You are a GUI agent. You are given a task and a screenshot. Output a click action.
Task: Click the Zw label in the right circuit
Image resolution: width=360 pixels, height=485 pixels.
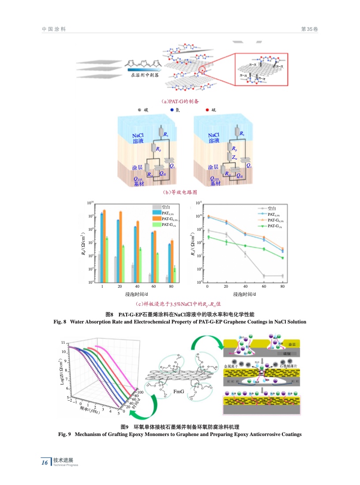234,157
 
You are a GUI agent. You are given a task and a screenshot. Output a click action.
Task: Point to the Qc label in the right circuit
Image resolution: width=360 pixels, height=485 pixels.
249,165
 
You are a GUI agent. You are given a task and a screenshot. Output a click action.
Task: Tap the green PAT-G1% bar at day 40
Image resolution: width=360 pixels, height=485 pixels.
140,265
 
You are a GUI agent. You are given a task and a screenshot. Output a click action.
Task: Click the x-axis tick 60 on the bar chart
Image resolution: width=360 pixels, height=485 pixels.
153,286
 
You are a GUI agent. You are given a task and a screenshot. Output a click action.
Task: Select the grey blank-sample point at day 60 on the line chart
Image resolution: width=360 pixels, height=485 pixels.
264,276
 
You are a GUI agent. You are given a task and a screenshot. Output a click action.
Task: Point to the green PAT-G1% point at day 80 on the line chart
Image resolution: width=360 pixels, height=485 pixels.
282,258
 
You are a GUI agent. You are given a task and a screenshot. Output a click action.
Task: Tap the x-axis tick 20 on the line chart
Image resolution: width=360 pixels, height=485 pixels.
226,286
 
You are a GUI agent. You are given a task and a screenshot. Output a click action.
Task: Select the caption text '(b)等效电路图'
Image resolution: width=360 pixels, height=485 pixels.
180,192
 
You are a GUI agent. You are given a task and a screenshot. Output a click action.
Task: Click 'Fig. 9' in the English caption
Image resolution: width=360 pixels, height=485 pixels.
65,435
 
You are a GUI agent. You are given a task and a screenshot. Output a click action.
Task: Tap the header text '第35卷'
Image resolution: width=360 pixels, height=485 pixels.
309,29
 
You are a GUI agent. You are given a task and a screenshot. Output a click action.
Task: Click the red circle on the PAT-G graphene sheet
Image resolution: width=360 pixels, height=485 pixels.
202,70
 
